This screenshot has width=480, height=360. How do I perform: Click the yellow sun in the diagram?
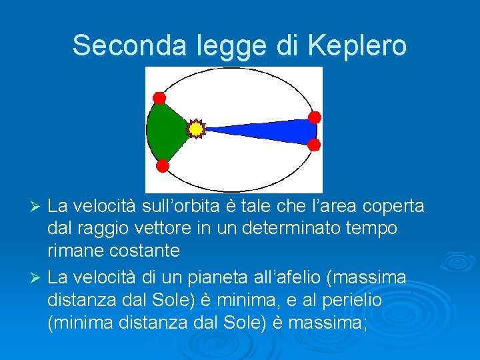point(195,128)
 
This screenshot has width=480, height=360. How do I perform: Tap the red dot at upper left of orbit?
point(159,98)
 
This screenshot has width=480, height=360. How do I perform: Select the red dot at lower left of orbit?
point(161,165)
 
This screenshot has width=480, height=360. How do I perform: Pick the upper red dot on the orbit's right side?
point(315,117)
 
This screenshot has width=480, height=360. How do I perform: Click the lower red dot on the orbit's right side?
point(314,144)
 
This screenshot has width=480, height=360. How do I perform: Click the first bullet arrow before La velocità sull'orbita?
point(38,207)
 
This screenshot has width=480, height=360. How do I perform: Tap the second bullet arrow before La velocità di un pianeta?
point(38,276)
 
